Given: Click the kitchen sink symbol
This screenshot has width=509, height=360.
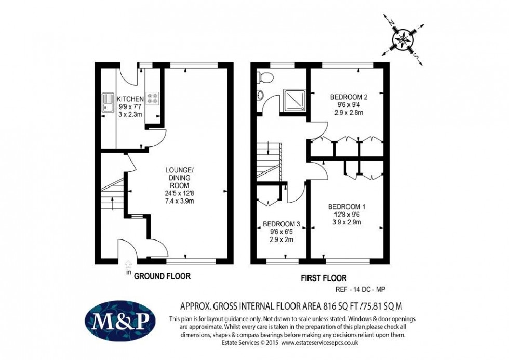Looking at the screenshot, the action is tap(107, 103).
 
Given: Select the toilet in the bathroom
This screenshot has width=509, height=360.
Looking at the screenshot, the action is tap(265, 77).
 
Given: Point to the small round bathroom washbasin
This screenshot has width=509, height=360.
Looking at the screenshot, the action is tap(260, 95).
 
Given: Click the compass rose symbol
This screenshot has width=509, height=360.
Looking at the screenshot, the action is tap(403, 39).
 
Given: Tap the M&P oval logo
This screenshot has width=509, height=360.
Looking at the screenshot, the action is tap(120, 321).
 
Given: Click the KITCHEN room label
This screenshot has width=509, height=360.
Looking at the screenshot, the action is tap(130, 99).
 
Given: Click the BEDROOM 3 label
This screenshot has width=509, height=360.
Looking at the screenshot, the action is tap(281, 224).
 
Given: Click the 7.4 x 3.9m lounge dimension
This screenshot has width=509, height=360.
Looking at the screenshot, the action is tap(180, 201).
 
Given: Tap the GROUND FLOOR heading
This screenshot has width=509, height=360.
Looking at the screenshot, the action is tap(162, 276).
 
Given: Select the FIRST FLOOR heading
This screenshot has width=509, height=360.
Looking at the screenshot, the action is tap(324, 278).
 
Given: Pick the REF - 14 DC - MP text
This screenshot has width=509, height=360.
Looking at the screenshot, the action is tap(360, 289).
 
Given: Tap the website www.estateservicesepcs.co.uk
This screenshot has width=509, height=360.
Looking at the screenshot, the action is tap(320, 343).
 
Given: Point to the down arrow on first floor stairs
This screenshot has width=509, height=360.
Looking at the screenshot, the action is tap(269, 148).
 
